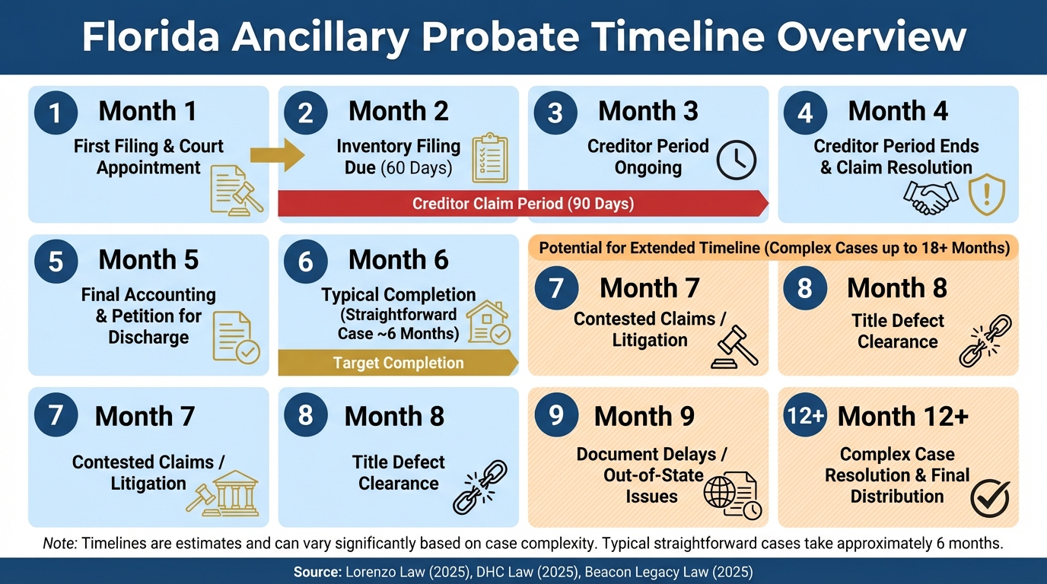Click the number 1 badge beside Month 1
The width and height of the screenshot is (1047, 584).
(x=56, y=113)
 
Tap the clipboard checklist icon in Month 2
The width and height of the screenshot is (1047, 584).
(x=490, y=158)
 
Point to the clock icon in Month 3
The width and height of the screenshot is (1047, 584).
(x=737, y=160)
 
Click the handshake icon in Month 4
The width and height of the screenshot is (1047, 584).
(x=931, y=198)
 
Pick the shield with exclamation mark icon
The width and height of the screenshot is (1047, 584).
(x=987, y=195)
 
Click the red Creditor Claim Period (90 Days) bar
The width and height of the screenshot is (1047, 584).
(x=522, y=204)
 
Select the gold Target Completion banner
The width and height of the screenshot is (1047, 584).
(x=397, y=363)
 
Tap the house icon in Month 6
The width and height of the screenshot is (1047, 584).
(x=488, y=322)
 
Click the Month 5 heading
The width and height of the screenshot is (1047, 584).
(x=148, y=260)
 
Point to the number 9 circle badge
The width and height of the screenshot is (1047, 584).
(x=555, y=415)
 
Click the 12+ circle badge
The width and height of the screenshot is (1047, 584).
(x=805, y=415)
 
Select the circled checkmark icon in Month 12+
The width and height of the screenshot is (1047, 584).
(x=990, y=498)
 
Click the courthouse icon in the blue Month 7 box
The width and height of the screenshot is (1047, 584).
(x=233, y=493)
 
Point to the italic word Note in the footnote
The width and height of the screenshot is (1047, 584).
(x=59, y=543)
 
